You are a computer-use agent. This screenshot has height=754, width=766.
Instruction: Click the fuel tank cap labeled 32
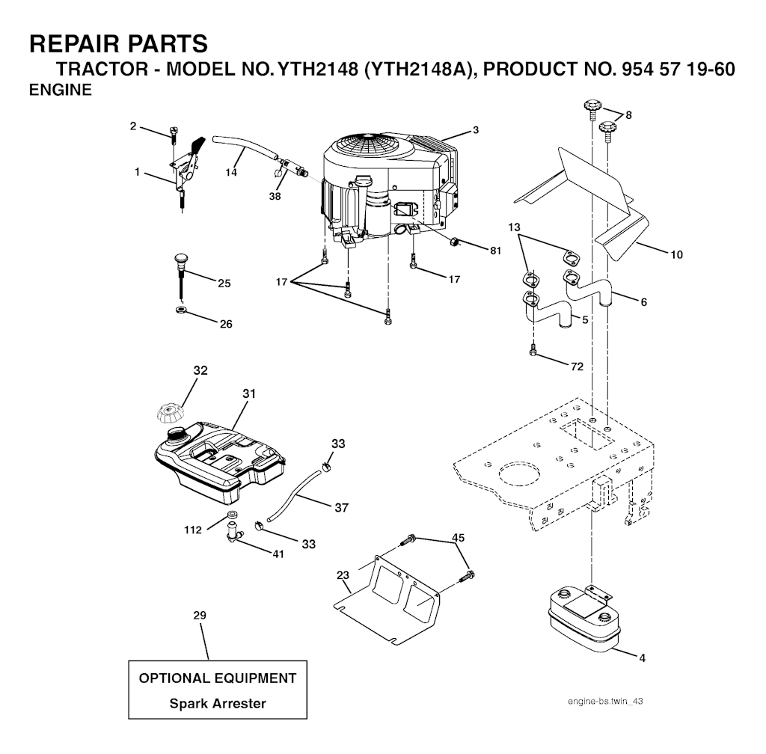(169, 411)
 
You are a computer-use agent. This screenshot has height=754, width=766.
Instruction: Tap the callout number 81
(495, 251)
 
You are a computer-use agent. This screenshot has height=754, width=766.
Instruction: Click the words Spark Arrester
(218, 703)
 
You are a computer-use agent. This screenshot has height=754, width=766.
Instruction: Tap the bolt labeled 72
(533, 349)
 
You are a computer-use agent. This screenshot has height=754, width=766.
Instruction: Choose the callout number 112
(193, 530)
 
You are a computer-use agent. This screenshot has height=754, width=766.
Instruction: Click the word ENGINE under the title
(60, 91)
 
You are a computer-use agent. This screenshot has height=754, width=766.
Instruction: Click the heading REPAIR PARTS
(118, 43)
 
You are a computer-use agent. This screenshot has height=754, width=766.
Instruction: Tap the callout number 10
(675, 254)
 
